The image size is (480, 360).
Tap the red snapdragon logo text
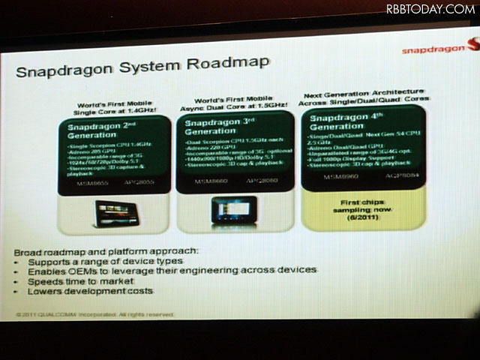tap(433, 49)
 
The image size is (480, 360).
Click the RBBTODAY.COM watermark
tap(430, 9)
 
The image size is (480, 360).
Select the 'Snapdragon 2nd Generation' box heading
tap(100, 133)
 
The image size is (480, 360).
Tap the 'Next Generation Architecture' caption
tap(364, 94)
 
